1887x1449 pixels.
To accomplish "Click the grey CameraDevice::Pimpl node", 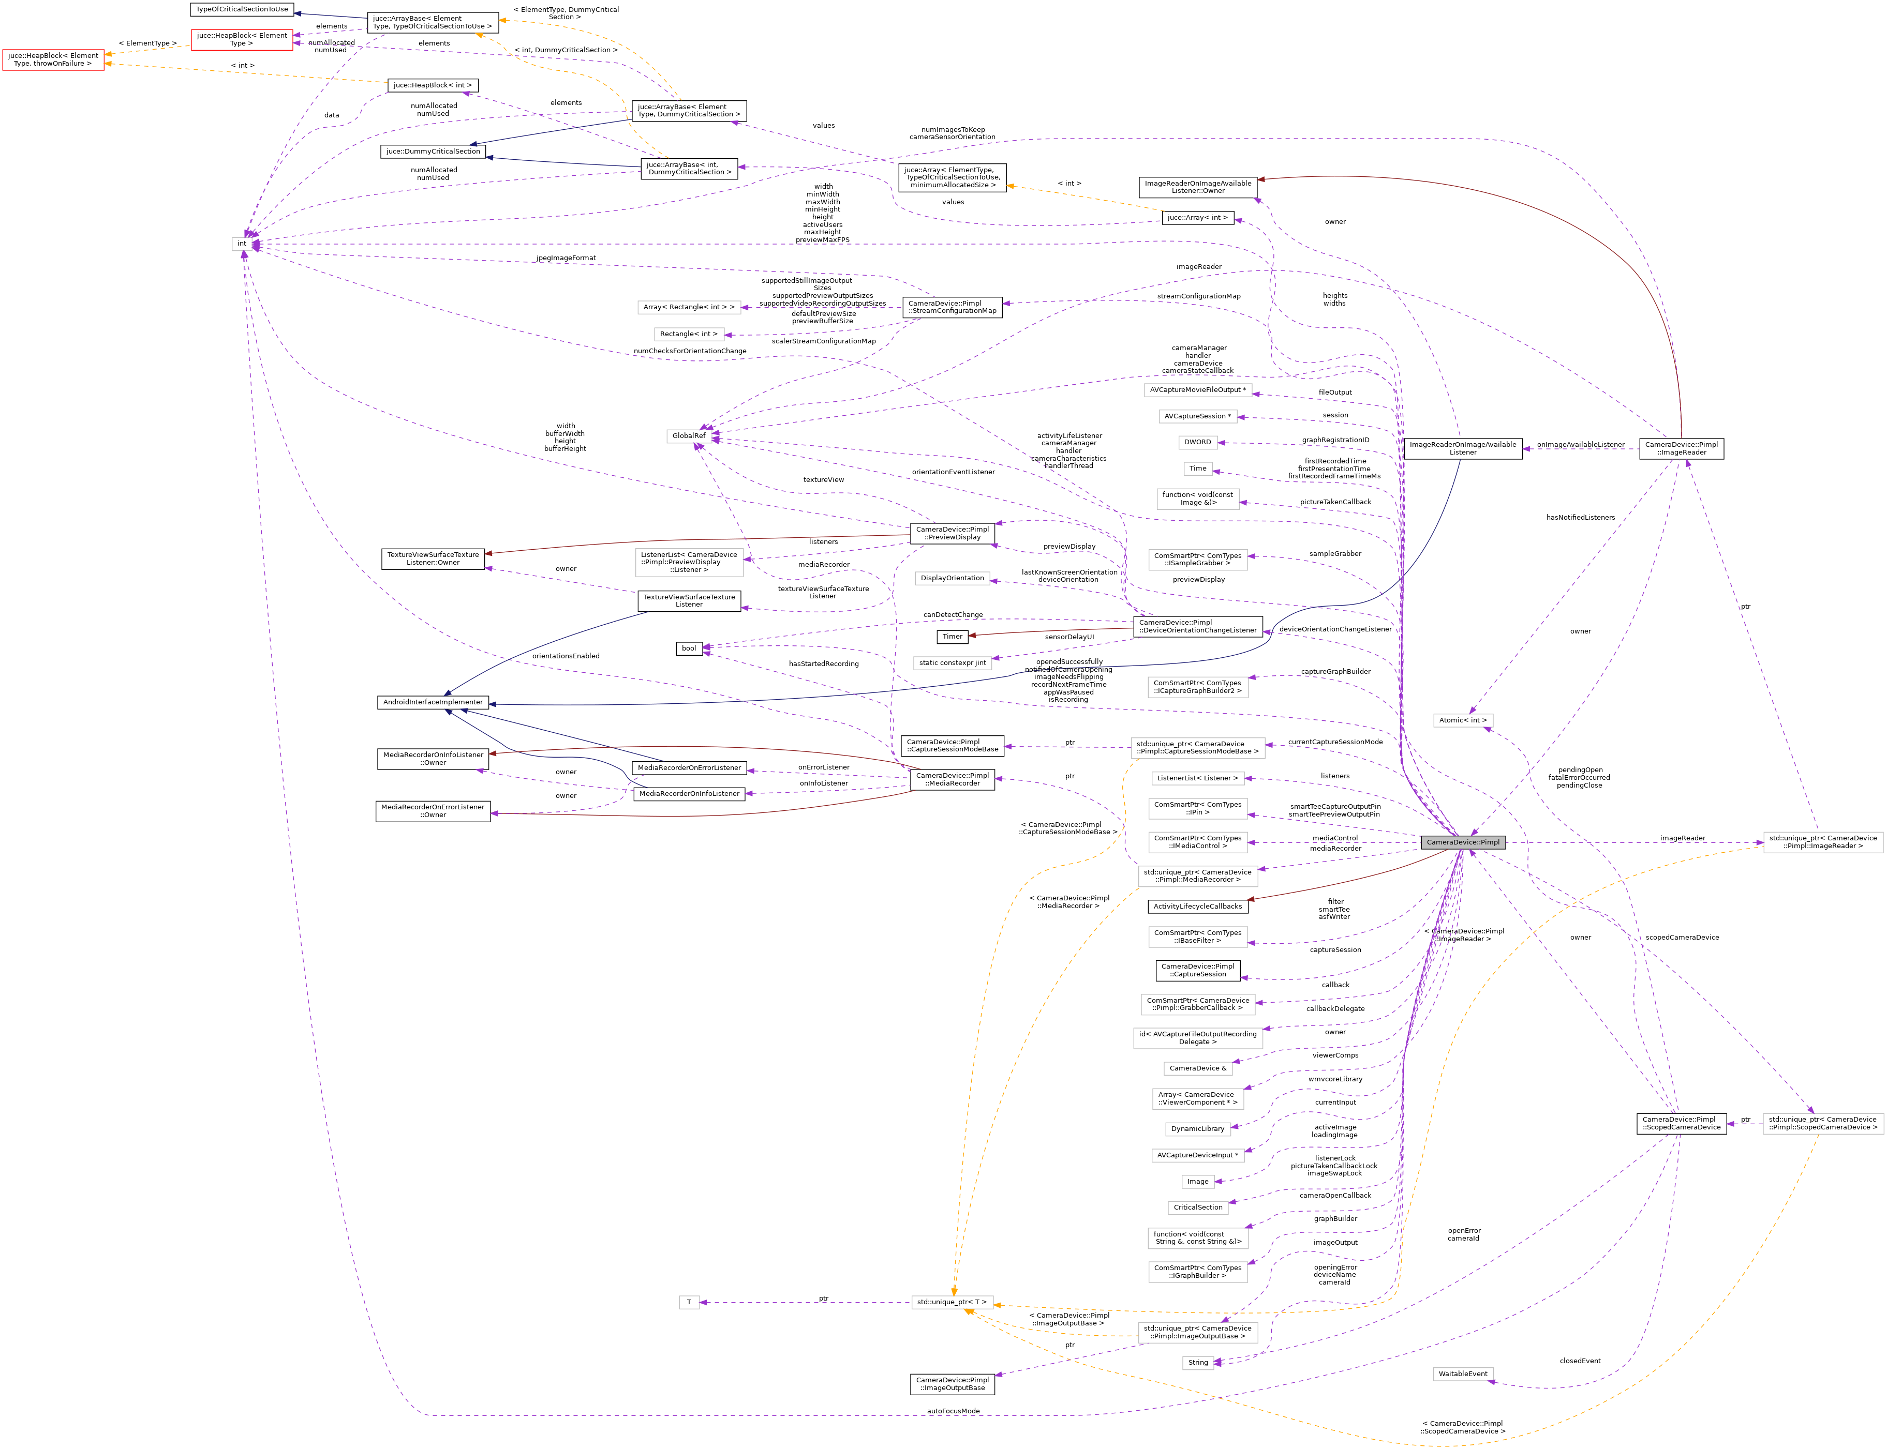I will click(1463, 842).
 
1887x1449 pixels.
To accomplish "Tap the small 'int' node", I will click(242, 243).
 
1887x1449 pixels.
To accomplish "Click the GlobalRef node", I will click(689, 435).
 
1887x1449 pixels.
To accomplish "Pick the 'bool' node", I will click(689, 648).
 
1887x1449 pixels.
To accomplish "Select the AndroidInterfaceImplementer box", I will click(432, 702).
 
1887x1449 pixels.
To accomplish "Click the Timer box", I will click(952, 637).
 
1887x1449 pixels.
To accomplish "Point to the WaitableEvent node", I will click(1463, 1373).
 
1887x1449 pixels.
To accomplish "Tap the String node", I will click(1198, 1362).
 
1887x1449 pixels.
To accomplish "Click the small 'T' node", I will click(689, 1302).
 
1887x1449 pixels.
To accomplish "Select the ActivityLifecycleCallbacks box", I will click(1198, 905).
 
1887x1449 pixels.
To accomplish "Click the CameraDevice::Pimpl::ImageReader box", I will click(1681, 448).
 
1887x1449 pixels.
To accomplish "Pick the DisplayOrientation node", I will click(952, 578).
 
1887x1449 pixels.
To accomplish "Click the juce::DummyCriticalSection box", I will click(432, 151).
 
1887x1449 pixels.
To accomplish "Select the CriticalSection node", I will click(1198, 1206).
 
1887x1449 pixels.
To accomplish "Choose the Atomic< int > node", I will click(1463, 719).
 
